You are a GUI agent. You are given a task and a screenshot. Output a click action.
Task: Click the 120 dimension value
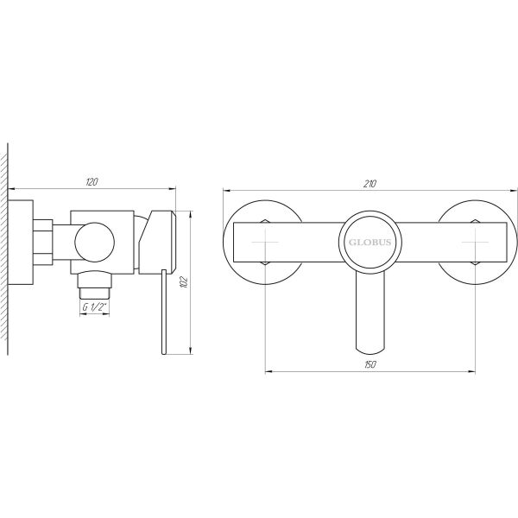click(x=92, y=181)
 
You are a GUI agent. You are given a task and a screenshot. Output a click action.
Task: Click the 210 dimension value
click(x=370, y=182)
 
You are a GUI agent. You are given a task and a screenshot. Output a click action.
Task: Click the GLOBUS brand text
click(x=369, y=243)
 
